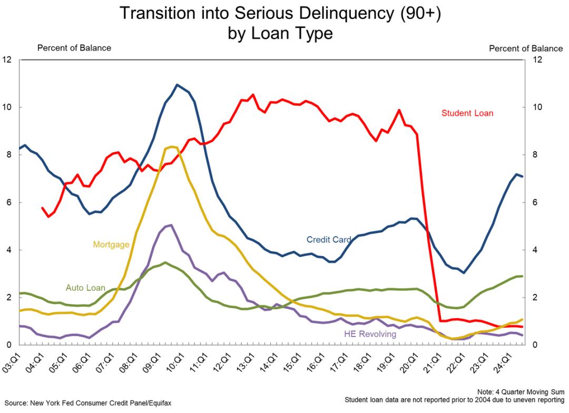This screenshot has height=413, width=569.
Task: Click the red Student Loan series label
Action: [x=467, y=113]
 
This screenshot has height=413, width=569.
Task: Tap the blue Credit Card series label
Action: [x=329, y=240]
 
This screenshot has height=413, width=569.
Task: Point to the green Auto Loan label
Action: [x=85, y=288]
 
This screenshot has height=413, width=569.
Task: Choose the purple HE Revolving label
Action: [x=370, y=334]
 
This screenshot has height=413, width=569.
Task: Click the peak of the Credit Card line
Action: [x=177, y=85]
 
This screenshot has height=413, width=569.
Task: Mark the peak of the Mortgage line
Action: [x=171, y=147]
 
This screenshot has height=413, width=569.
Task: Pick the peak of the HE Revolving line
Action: [x=171, y=225]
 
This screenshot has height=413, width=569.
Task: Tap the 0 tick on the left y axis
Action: [x=9, y=345]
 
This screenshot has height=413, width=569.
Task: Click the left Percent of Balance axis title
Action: [x=74, y=48]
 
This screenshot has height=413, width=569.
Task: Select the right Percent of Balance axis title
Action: [x=526, y=48]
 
